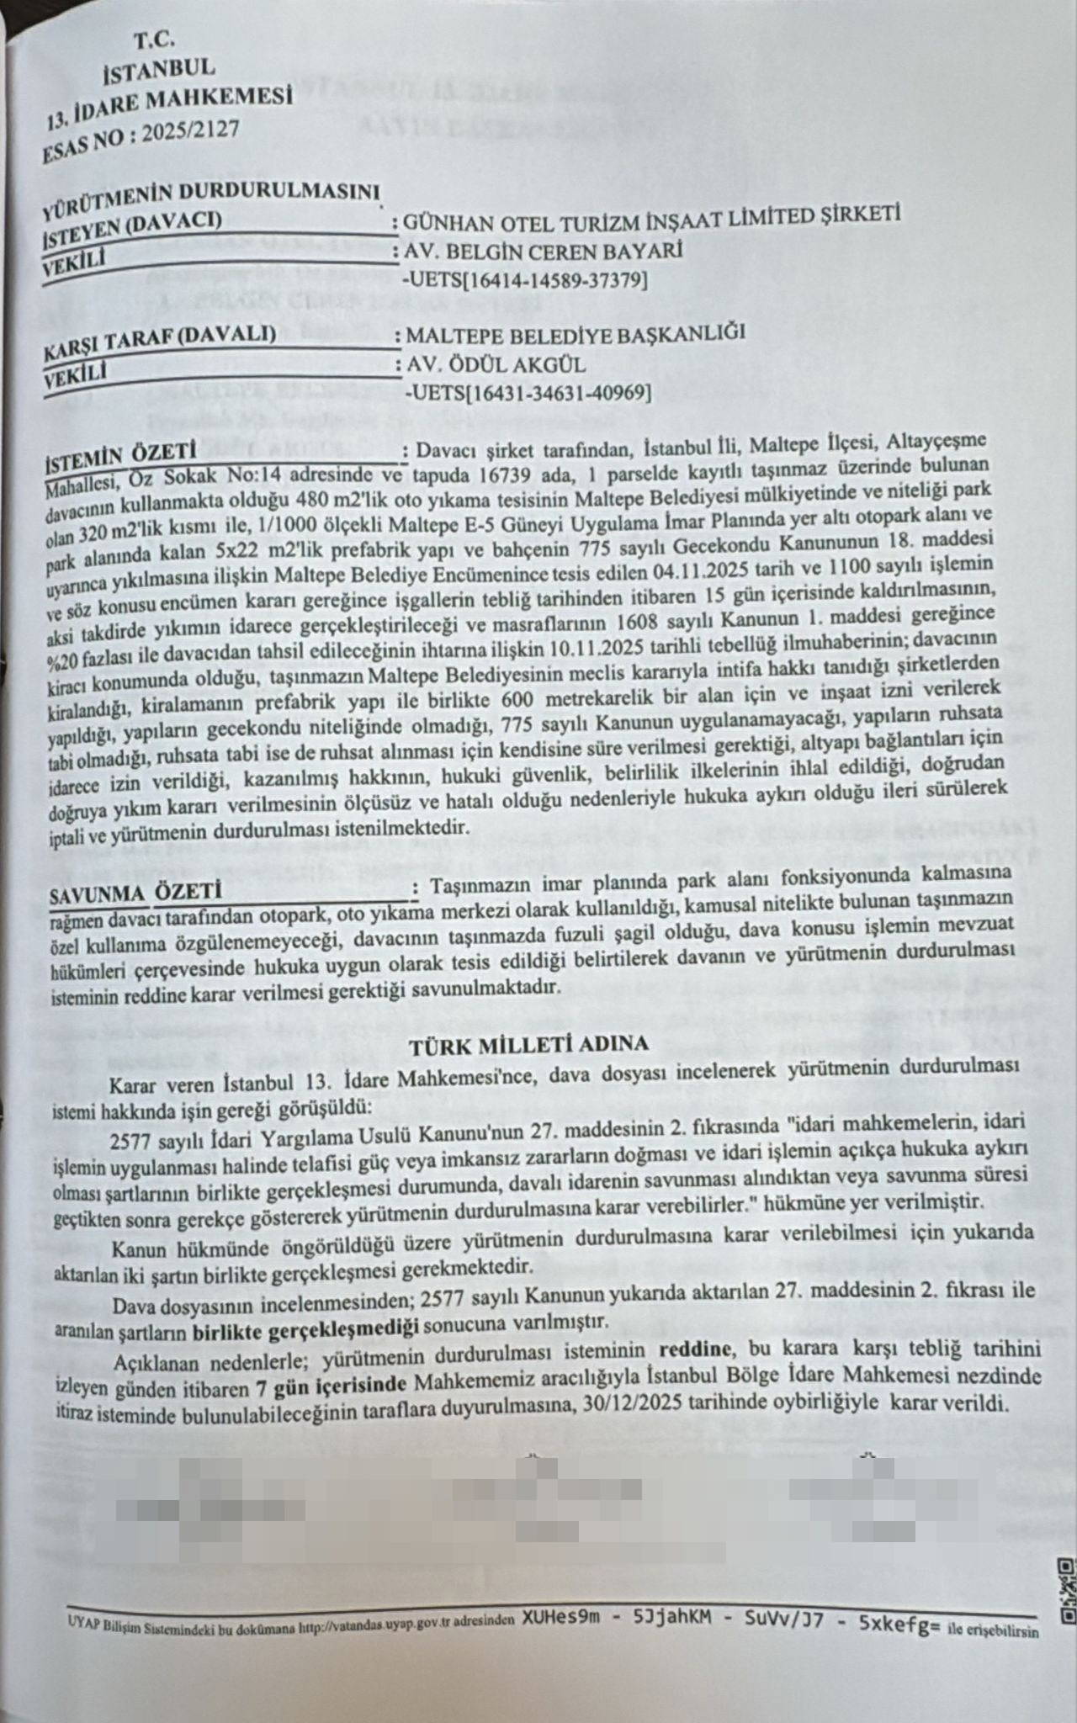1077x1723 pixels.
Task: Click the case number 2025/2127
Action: point(191,135)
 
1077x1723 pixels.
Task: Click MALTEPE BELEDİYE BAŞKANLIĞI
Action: point(576,333)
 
